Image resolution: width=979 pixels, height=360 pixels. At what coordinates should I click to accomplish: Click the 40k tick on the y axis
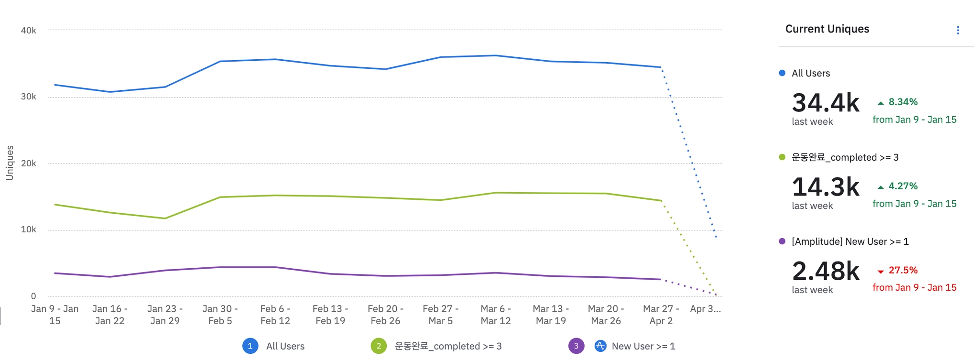[x=28, y=31]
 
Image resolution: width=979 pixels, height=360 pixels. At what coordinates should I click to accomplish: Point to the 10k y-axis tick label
[x=28, y=229]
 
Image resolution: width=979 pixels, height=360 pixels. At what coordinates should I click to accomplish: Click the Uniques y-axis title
[x=10, y=163]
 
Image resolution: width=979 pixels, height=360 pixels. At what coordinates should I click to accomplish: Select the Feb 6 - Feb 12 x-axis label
[x=275, y=315]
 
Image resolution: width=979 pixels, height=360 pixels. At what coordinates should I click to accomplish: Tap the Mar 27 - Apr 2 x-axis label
[x=661, y=315]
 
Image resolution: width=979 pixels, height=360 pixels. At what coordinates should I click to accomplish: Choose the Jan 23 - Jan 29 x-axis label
[x=165, y=315]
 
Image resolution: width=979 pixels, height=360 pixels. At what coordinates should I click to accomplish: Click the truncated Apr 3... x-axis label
[x=705, y=309]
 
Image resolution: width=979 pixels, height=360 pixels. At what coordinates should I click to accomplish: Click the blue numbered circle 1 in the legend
[x=250, y=346]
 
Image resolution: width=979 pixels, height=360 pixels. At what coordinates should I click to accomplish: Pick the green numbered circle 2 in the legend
[x=379, y=346]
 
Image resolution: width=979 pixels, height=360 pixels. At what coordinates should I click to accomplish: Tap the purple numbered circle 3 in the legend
[x=576, y=346]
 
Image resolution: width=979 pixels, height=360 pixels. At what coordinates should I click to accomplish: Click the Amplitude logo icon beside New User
[x=600, y=346]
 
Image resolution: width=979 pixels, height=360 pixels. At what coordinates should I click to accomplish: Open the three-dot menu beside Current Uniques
[x=957, y=31]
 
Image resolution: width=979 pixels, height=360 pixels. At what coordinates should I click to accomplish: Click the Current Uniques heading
[x=827, y=29]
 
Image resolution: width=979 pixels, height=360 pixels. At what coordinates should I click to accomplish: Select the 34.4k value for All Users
[x=826, y=103]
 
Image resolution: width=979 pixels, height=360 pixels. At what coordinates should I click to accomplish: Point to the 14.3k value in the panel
[x=826, y=187]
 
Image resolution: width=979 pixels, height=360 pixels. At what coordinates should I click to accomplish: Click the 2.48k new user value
[x=826, y=271]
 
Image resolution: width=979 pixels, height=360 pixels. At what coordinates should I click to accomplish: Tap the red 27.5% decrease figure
[x=903, y=270]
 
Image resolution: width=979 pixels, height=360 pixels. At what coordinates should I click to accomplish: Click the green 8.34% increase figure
[x=903, y=102]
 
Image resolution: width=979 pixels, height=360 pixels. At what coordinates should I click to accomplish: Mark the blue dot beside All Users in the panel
[x=782, y=73]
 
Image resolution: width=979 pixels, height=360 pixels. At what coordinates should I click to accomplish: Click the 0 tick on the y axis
[x=33, y=296]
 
